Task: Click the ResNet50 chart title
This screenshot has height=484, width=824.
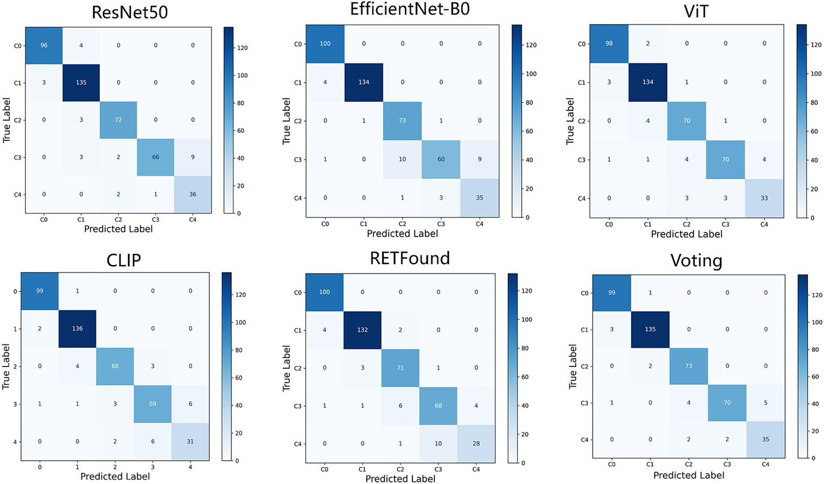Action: pyautogui.click(x=129, y=12)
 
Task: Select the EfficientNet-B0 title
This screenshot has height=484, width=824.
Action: pyautogui.click(x=410, y=9)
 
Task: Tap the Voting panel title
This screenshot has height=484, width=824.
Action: pyautogui.click(x=696, y=261)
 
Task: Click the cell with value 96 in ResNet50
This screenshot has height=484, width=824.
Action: pyautogui.click(x=44, y=46)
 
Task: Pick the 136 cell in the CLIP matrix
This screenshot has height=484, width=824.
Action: pyautogui.click(x=77, y=328)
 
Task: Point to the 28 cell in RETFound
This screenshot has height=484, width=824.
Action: pyautogui.click(x=476, y=443)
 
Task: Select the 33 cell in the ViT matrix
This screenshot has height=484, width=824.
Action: pyautogui.click(x=764, y=198)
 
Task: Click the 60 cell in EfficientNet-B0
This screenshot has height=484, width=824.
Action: pyautogui.click(x=441, y=159)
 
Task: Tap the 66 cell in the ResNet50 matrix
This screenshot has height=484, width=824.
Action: pyautogui.click(x=156, y=157)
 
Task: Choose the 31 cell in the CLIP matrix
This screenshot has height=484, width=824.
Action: pyautogui.click(x=190, y=441)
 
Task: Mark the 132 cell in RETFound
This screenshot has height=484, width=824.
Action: pyautogui.click(x=362, y=330)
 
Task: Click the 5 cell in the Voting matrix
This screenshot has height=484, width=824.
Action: pyautogui.click(x=765, y=402)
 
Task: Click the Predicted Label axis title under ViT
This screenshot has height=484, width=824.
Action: pyautogui.click(x=687, y=234)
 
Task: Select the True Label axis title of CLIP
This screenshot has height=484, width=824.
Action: pyautogui.click(x=6, y=366)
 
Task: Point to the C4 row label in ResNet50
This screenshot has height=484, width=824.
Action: pyautogui.click(x=17, y=194)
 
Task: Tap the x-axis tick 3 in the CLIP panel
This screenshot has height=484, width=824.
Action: pyautogui.click(x=152, y=467)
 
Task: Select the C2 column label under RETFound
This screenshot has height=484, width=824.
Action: pyautogui.click(x=400, y=469)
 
